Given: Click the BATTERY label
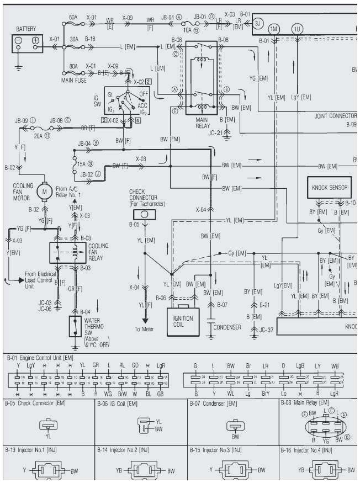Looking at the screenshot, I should tap(27, 29).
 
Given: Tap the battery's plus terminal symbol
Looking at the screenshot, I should tap(36, 41).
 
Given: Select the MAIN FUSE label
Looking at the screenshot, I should tap(73, 81).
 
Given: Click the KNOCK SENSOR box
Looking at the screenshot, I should tap(330, 188).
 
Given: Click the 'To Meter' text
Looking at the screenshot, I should tap(142, 330).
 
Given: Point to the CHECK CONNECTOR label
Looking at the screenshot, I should tap(143, 198).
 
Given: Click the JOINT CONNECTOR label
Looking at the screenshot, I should tap(335, 116).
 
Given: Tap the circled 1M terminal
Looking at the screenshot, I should tap(274, 28).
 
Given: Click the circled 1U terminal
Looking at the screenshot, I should tap(298, 28).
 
